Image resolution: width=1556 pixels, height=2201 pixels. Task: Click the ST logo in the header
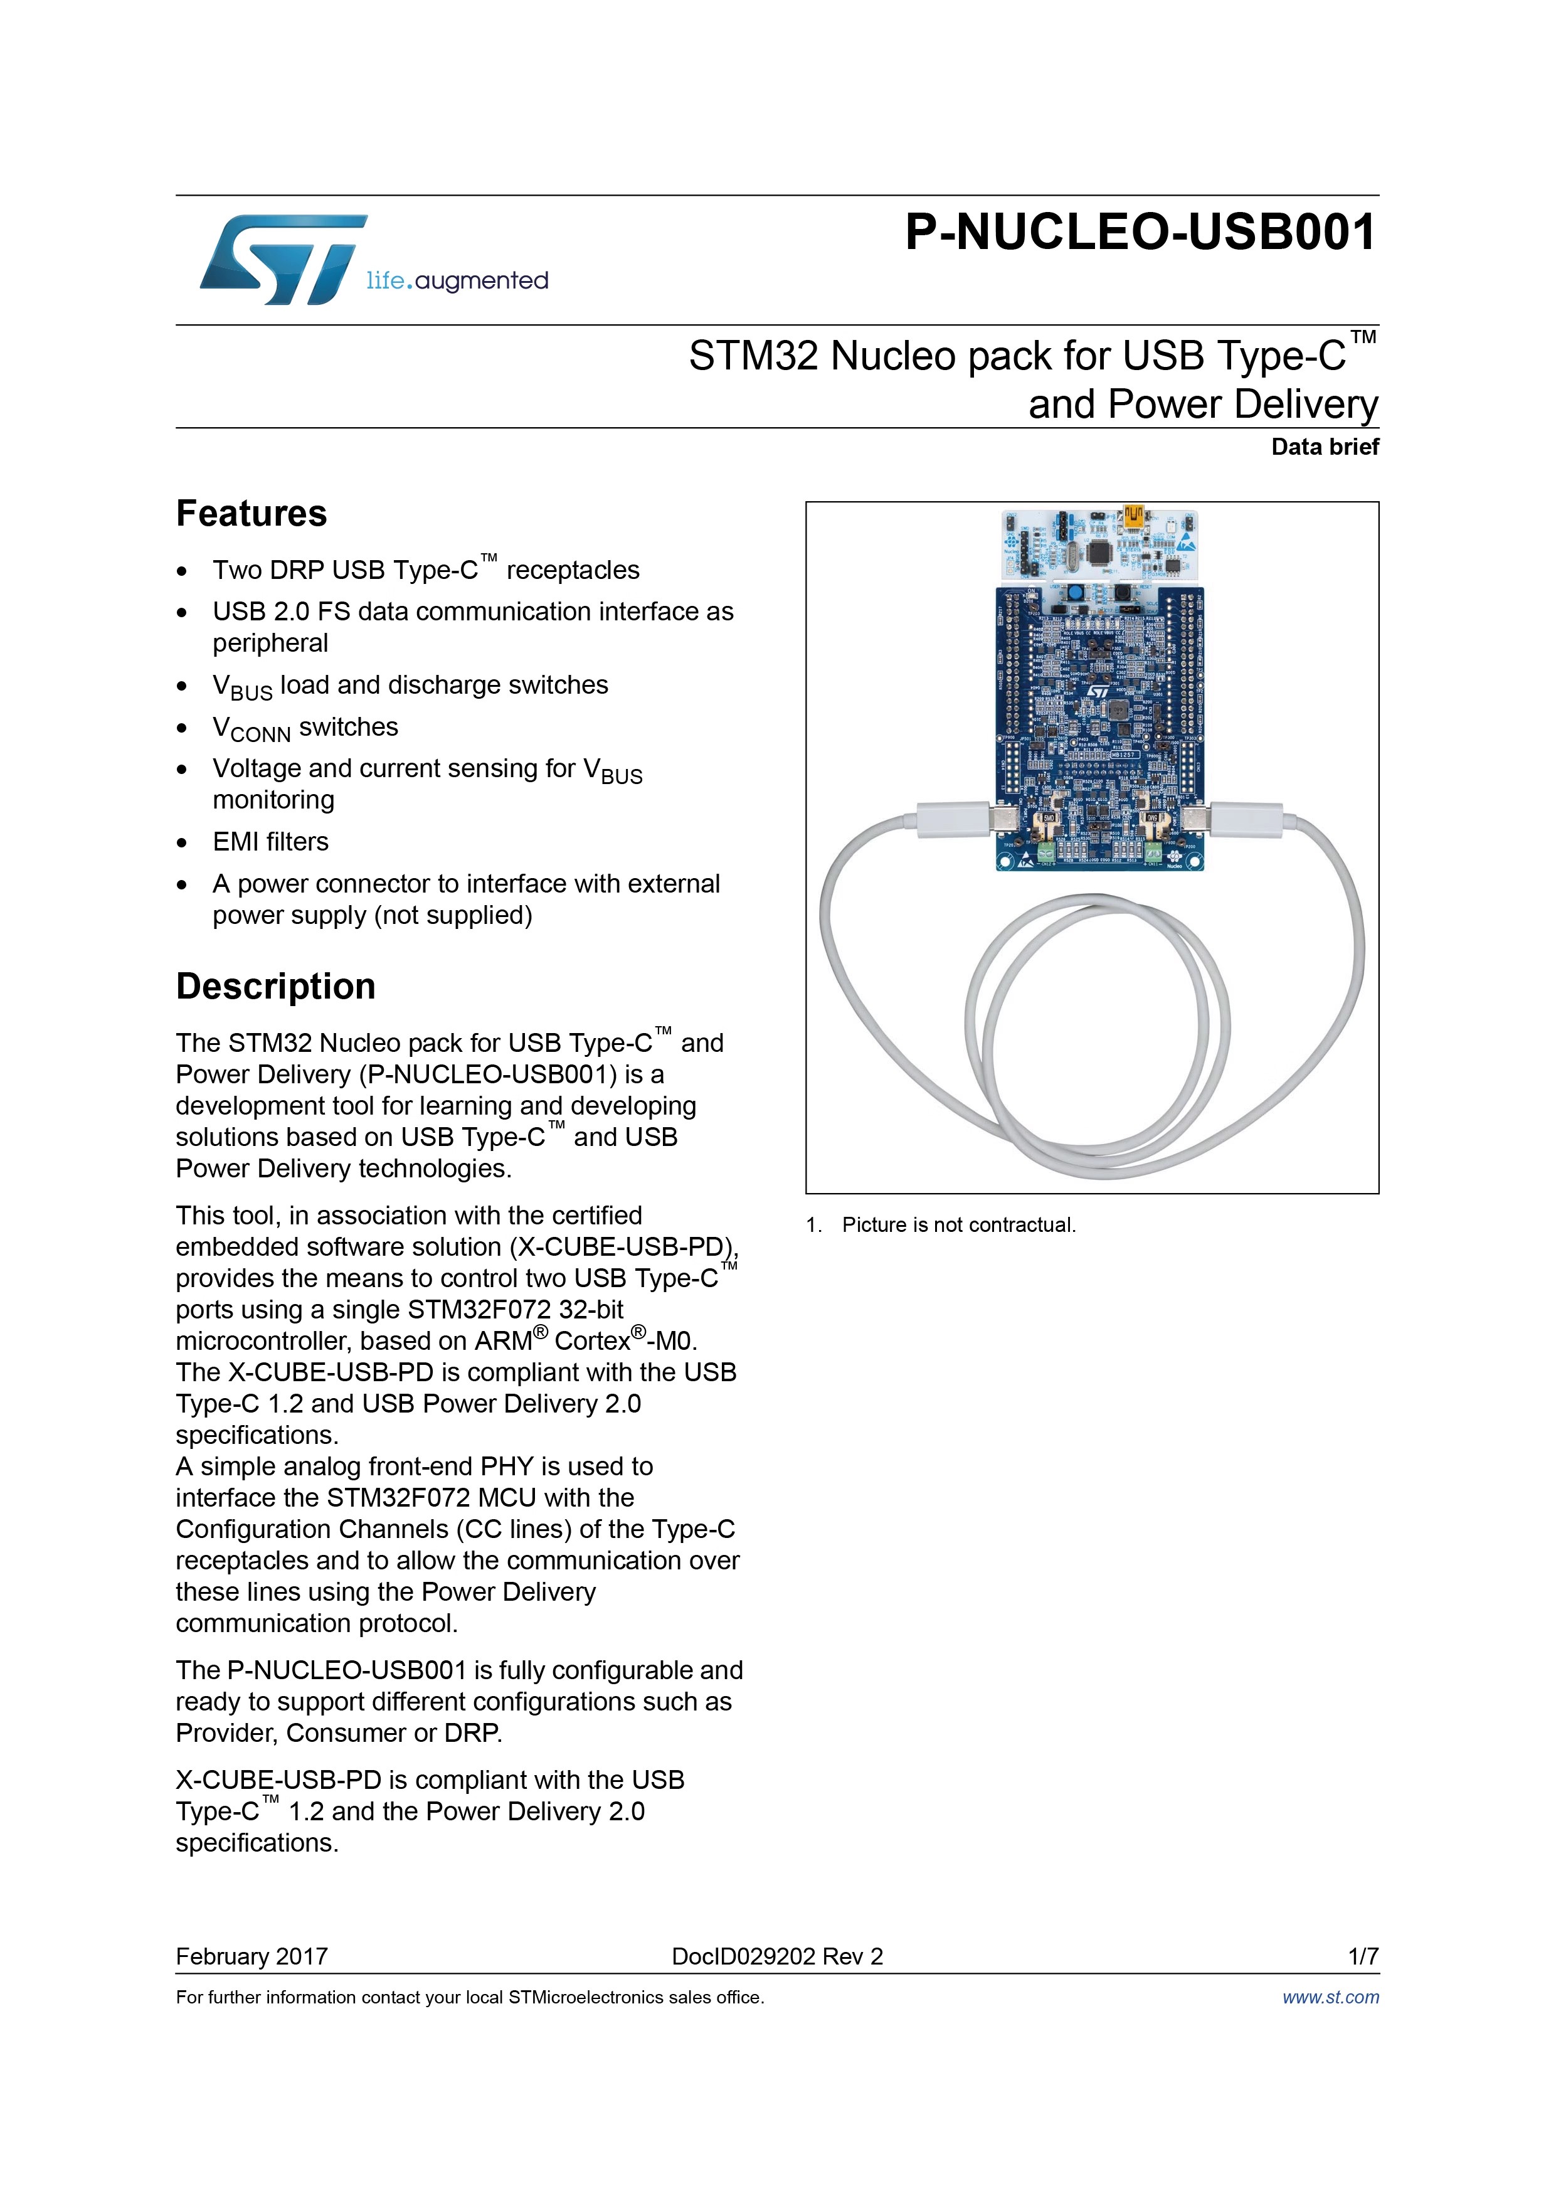[x=283, y=259]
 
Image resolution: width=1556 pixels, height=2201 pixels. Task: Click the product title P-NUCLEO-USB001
[x=1141, y=233]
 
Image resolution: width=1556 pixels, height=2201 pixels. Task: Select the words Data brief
[x=1325, y=447]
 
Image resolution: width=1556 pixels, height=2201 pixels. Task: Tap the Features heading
[x=251, y=514]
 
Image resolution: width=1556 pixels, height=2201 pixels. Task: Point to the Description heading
[x=276, y=987]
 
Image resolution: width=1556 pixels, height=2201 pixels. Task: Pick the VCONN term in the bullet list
[x=251, y=729]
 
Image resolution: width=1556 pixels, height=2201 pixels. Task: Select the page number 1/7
[x=1363, y=1956]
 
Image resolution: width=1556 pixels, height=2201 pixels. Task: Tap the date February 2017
[x=252, y=1956]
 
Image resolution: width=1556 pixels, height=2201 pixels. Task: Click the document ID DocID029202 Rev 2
[x=778, y=1956]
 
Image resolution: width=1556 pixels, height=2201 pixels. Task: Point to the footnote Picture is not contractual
[x=959, y=1225]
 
